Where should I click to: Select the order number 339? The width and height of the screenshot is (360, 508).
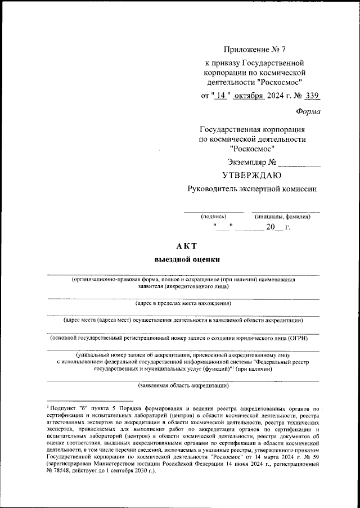coord(313,95)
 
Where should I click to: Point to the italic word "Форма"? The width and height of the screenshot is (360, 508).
coord(308,111)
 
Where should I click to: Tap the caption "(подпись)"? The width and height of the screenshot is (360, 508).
coord(214,216)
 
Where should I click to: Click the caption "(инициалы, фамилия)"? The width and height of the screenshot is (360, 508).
coord(282,216)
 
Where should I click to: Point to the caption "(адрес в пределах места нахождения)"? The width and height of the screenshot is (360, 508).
coord(183,304)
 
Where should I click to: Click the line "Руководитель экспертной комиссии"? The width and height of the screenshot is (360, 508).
coord(252,189)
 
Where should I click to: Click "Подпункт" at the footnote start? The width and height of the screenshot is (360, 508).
coord(62,407)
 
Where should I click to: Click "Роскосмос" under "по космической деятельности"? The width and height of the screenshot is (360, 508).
coord(252,149)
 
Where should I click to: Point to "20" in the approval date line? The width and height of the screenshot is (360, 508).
coord(271,228)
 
